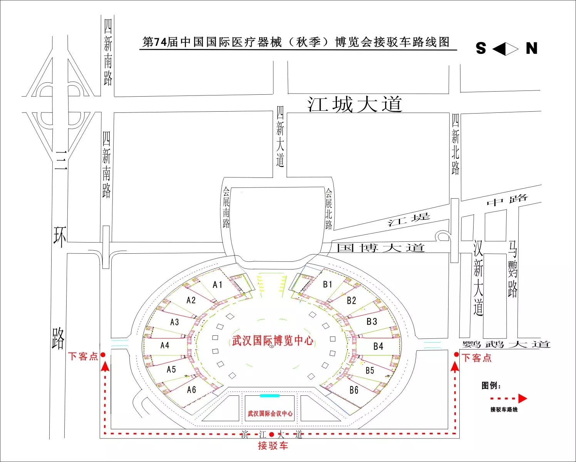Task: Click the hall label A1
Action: tap(218, 285)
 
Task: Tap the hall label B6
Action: tap(354, 390)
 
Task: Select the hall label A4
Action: tap(165, 345)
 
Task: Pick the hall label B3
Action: tap(372, 321)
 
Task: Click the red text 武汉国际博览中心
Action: tap(272, 341)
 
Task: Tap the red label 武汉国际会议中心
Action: tap(270, 413)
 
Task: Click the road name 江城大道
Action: tap(355, 104)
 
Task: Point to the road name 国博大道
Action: tap(380, 248)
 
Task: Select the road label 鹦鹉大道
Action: tap(506, 344)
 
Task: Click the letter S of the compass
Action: tap(481, 49)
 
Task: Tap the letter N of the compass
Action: tap(532, 49)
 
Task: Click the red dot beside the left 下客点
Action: tap(103, 355)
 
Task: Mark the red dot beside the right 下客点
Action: tap(456, 355)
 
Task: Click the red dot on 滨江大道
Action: tap(271, 434)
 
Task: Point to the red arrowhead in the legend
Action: tap(522, 398)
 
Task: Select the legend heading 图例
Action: tap(491, 385)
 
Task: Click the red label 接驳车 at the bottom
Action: tap(273, 446)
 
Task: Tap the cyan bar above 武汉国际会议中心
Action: tap(270, 396)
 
